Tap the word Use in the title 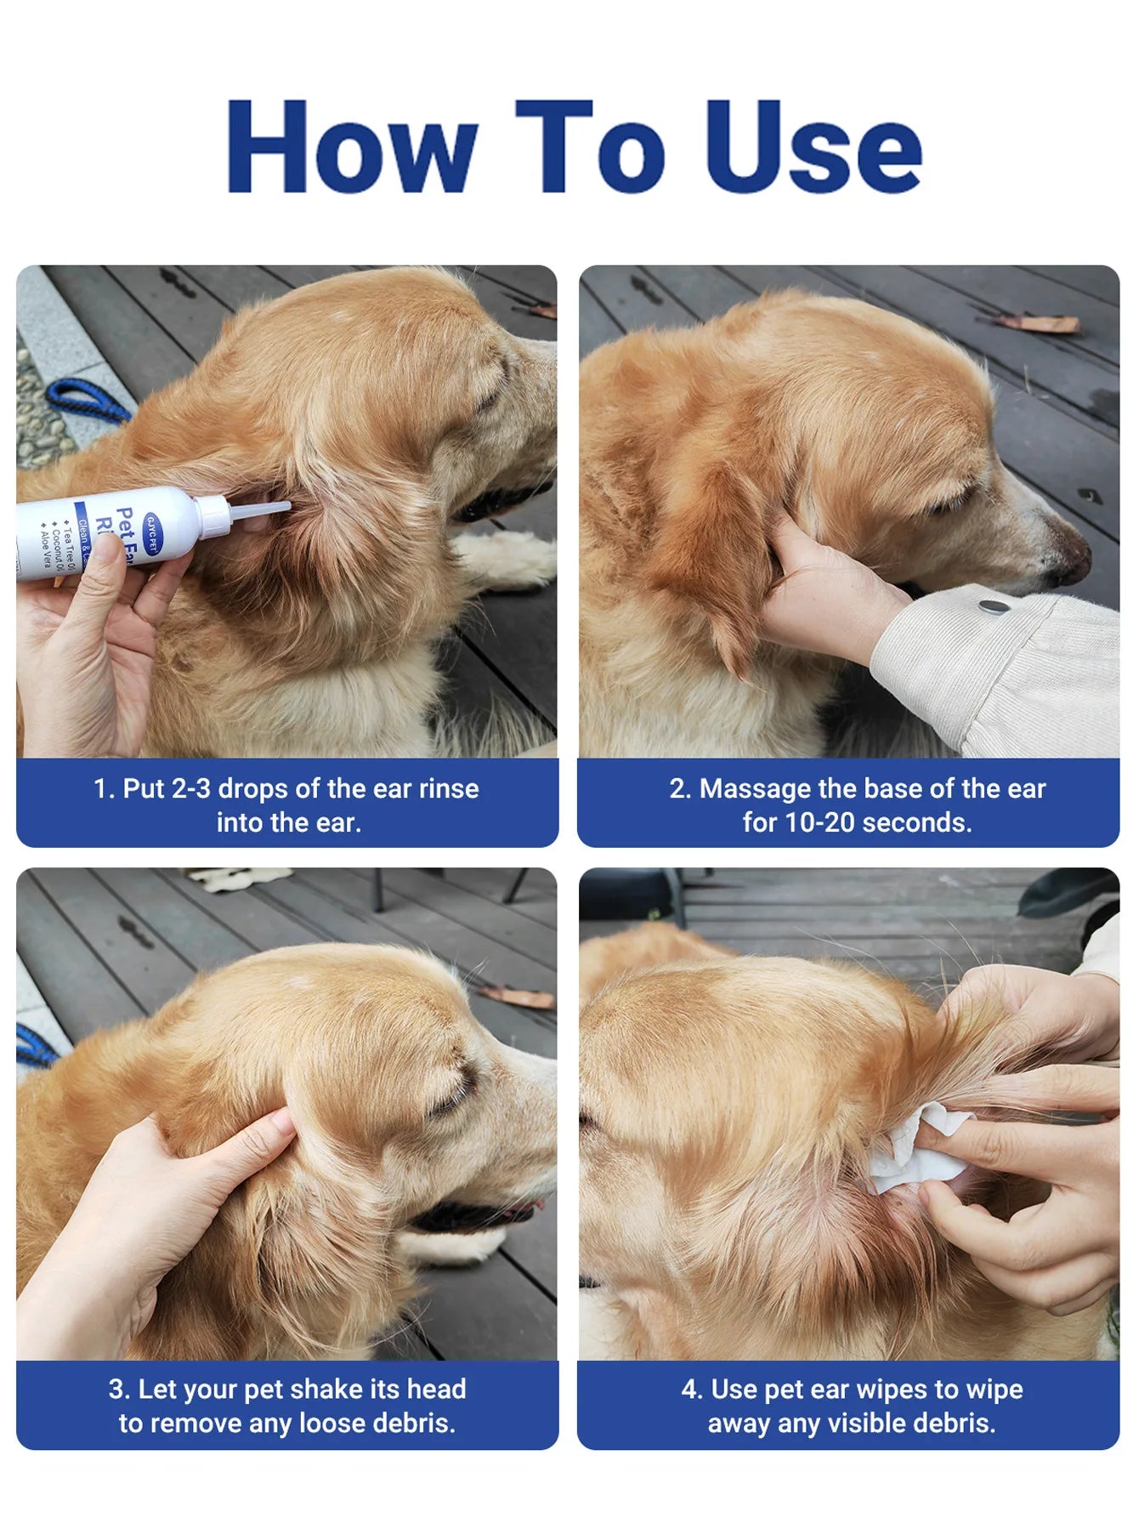[x=813, y=146]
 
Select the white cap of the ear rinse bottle [x=212, y=517]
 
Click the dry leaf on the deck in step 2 [x=1039, y=323]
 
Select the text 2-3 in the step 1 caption [x=190, y=788]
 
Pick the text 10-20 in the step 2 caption [x=820, y=822]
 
